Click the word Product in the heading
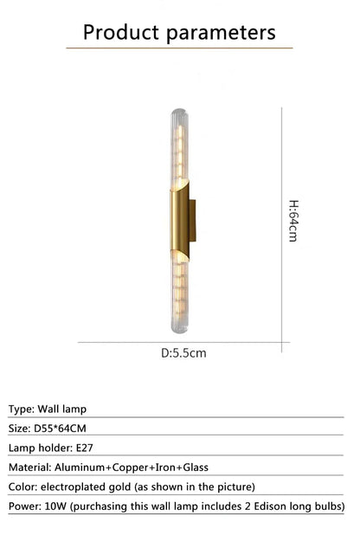(x=121, y=33)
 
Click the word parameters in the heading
(x=222, y=33)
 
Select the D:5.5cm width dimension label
(x=183, y=352)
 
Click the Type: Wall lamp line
(x=48, y=409)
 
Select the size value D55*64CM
(x=61, y=428)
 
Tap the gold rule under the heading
(x=179, y=48)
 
